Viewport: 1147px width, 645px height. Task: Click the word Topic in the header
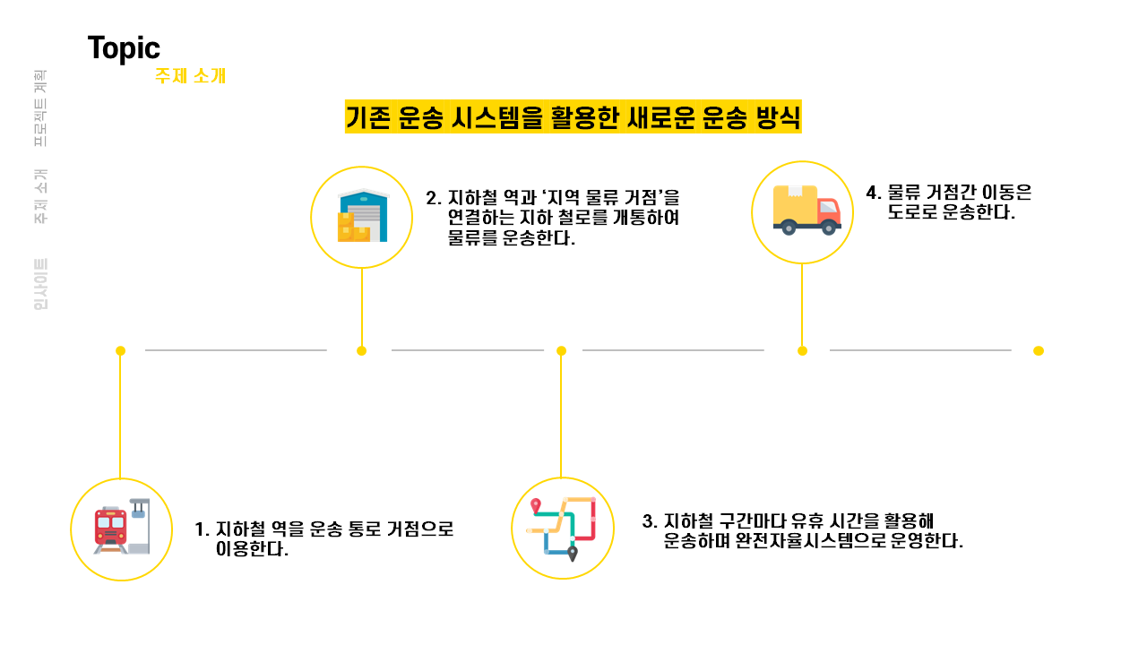[x=124, y=48]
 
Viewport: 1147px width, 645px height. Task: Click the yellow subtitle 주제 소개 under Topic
[x=190, y=76]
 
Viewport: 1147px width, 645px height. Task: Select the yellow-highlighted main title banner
[x=573, y=117]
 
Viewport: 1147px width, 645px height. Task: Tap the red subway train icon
[x=112, y=527]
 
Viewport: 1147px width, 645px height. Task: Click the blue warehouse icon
[x=362, y=216]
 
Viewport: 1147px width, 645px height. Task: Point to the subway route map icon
[x=562, y=528]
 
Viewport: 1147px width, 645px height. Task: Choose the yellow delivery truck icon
[x=802, y=211]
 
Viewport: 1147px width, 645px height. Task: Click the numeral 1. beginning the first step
[x=202, y=529]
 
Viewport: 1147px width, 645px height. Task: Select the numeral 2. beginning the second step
[x=434, y=197]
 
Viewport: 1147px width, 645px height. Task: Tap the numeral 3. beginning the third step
[x=650, y=521]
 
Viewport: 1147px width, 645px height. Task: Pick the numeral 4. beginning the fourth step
[x=874, y=193]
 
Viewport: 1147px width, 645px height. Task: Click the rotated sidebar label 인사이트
[x=40, y=284]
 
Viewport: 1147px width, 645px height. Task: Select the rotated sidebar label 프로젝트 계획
[x=40, y=109]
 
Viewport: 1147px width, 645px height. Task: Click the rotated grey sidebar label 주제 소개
[x=40, y=196]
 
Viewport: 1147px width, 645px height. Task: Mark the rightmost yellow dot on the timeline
[x=1039, y=350]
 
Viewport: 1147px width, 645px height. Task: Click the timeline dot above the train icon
[x=120, y=350]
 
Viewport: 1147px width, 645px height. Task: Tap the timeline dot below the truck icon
[x=802, y=350]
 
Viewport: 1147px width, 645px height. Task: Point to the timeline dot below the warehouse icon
[x=362, y=350]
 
